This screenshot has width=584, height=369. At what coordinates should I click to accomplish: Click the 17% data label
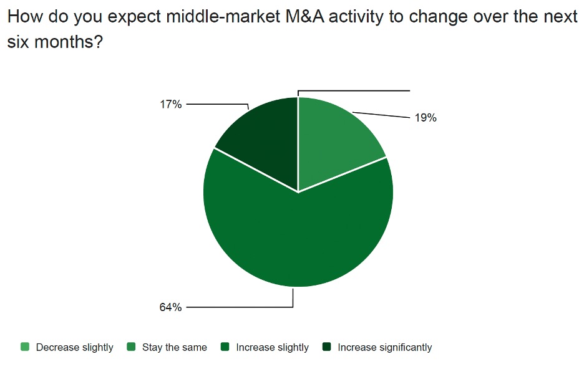[x=170, y=105]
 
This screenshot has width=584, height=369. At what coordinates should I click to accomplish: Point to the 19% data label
[x=426, y=118]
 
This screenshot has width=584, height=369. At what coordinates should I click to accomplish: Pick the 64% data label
[x=170, y=307]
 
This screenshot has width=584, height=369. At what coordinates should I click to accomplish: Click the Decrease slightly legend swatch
[x=25, y=347]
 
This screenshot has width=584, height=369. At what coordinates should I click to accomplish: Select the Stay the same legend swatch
[x=131, y=347]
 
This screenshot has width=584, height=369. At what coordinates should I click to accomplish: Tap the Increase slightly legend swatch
[x=225, y=347]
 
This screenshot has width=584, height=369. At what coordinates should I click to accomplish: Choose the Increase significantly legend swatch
[x=326, y=347]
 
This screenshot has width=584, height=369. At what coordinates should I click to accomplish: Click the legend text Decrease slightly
[x=74, y=347]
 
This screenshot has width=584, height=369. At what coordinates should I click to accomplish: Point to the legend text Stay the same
[x=174, y=347]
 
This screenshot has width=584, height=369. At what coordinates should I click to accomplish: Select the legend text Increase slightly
[x=272, y=347]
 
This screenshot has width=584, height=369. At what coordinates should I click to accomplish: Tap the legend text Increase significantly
[x=384, y=347]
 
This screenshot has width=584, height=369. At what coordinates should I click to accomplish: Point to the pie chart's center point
[x=298, y=192]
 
